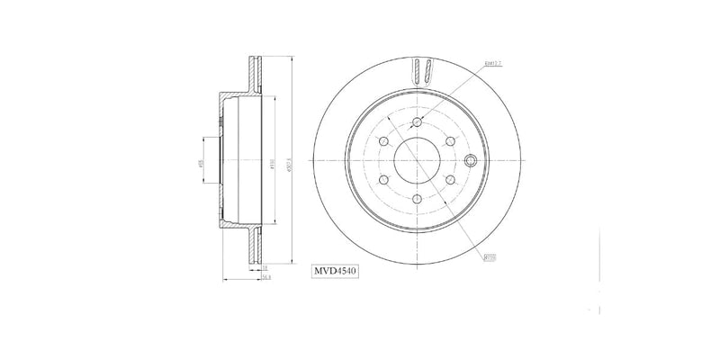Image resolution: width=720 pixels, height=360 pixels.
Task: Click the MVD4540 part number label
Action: [x=335, y=270]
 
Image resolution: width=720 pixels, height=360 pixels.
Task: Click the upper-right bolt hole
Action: [x=449, y=142]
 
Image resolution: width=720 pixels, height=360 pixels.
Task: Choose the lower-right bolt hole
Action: [x=449, y=181]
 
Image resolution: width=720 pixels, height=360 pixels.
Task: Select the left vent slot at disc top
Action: [x=418, y=69]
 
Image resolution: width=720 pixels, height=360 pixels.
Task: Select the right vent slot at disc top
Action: [x=429, y=69]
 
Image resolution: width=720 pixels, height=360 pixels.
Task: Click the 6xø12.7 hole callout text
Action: [x=491, y=64]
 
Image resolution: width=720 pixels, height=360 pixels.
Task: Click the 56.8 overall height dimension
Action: [x=266, y=279]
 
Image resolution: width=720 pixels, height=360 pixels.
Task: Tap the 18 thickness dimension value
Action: [x=265, y=267]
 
